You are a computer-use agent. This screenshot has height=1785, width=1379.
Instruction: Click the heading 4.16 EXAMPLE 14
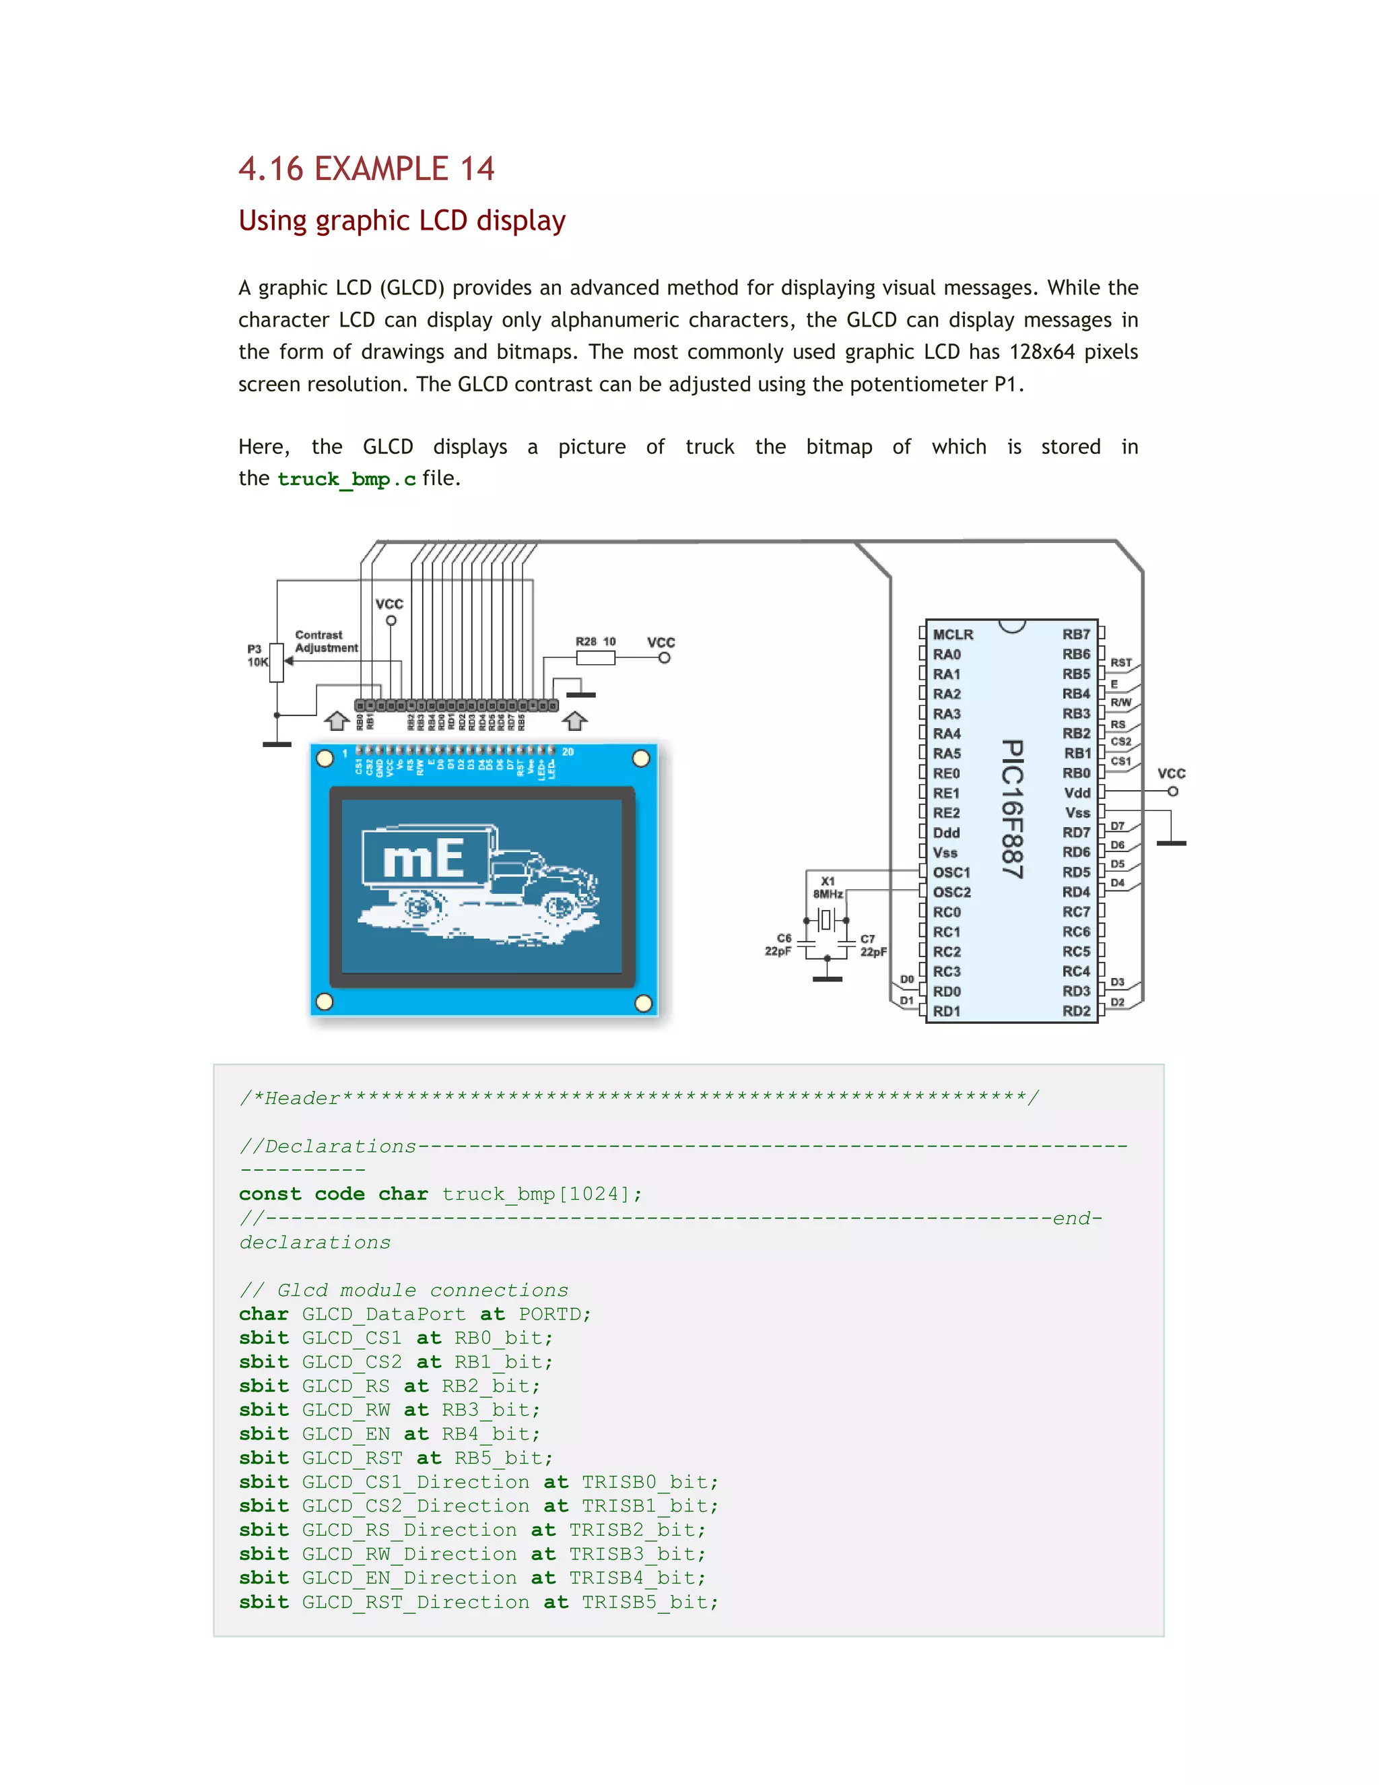coord(366,169)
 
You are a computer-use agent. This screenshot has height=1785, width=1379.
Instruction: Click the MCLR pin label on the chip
coord(953,635)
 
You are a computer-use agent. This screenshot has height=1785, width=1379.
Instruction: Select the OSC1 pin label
coord(951,872)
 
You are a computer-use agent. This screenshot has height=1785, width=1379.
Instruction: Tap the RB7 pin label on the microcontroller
coord(1076,635)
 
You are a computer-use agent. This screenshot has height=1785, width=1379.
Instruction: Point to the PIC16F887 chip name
coord(1012,809)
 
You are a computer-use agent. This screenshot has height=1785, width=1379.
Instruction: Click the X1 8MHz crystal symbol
coord(826,920)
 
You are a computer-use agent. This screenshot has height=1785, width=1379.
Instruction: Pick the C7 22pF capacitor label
coord(873,946)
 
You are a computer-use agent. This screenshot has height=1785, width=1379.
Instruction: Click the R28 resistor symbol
coord(595,659)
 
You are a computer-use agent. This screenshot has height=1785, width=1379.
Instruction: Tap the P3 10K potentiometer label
coord(257,655)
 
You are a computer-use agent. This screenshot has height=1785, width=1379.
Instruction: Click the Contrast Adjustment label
coord(325,641)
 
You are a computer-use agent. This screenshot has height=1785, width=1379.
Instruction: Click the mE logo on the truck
coord(423,859)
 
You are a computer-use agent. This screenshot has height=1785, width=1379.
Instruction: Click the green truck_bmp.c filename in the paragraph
coord(346,479)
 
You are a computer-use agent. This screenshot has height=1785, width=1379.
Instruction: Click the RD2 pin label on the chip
coord(1076,1011)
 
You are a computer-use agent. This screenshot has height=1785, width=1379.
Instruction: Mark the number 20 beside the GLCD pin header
coord(568,752)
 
